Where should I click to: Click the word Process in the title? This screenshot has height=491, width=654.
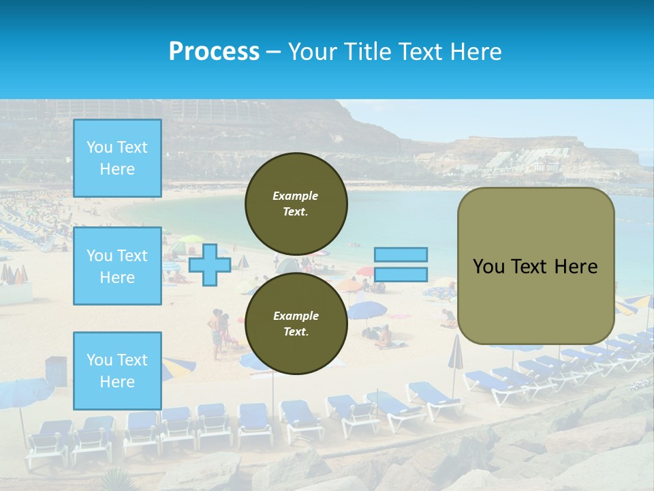(x=214, y=52)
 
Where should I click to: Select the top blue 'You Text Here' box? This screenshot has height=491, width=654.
(x=117, y=158)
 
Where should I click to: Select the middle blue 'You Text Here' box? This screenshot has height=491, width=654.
(x=117, y=266)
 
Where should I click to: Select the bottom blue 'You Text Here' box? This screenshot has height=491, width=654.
(x=117, y=370)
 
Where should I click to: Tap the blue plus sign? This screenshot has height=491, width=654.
(x=210, y=264)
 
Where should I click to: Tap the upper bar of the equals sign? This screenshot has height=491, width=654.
(x=401, y=254)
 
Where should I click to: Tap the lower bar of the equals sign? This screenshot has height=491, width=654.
(x=401, y=275)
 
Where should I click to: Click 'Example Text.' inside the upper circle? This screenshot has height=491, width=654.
(x=296, y=204)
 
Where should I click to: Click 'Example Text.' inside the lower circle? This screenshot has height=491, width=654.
(x=296, y=324)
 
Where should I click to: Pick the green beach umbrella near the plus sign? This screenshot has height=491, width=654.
(x=191, y=239)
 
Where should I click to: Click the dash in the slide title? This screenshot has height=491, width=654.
(x=273, y=53)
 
